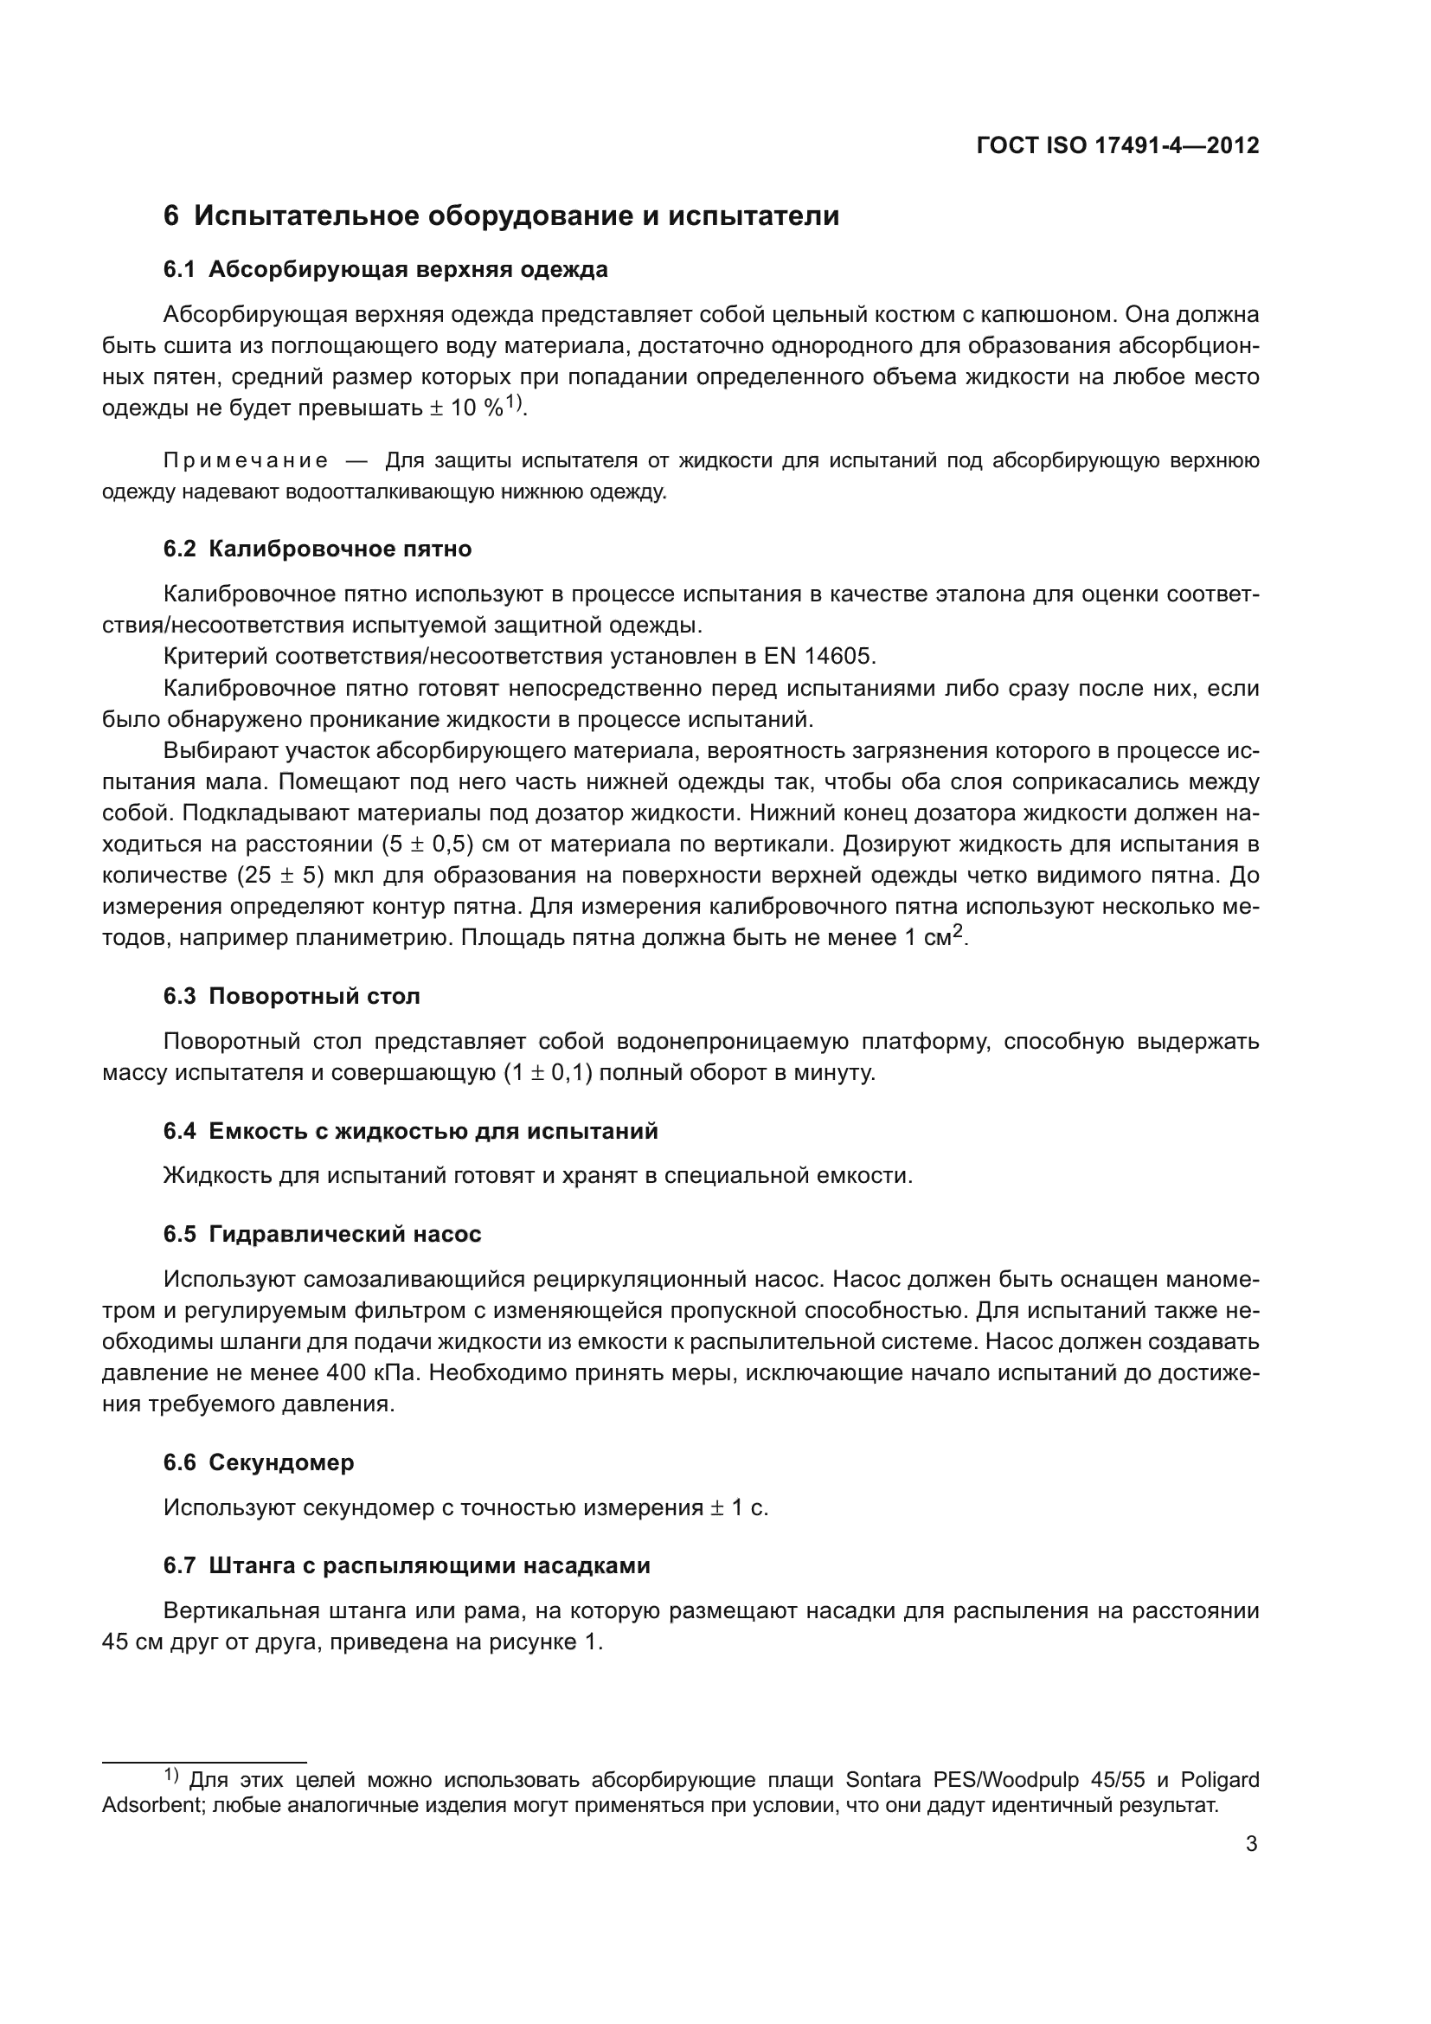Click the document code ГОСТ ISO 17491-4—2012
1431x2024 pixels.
click(1117, 145)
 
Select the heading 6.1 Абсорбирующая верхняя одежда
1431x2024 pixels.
click(385, 270)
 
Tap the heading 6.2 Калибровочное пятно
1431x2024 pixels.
click(318, 549)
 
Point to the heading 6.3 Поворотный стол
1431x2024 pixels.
click(292, 996)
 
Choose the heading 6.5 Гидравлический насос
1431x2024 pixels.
click(322, 1234)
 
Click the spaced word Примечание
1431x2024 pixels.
click(246, 461)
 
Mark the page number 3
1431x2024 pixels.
click(1251, 1844)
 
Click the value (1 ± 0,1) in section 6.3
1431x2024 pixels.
click(547, 1074)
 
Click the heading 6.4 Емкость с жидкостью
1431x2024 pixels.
click(410, 1131)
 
